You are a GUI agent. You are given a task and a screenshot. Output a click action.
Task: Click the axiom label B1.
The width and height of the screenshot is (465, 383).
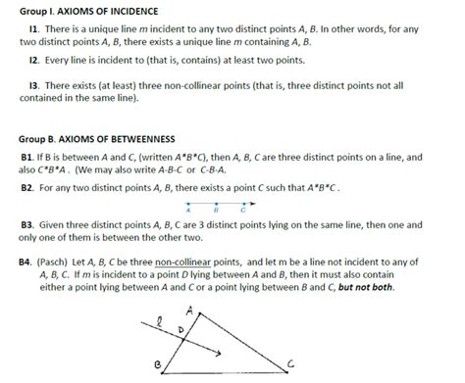tap(26, 157)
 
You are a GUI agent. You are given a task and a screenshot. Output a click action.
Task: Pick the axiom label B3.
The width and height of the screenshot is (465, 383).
tap(26, 224)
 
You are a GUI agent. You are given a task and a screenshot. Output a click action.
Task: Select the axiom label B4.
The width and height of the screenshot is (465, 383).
tap(26, 263)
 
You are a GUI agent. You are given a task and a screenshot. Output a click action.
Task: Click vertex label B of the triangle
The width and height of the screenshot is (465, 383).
tap(158, 363)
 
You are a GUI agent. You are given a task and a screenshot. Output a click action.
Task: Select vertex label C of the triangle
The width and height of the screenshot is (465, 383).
tap(290, 363)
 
